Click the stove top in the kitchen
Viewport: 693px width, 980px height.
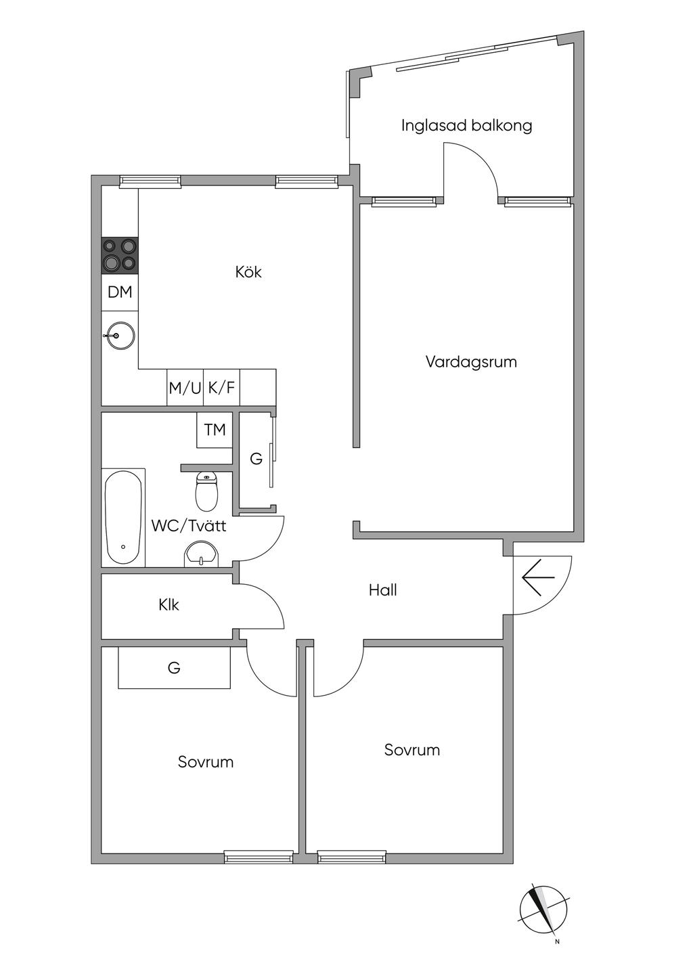click(120, 256)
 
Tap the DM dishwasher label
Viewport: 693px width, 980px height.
click(120, 292)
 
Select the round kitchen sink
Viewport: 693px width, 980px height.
click(120, 336)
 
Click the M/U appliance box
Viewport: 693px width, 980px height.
click(185, 388)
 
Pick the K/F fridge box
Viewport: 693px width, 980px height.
click(222, 388)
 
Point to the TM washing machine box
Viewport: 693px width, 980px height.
click(215, 430)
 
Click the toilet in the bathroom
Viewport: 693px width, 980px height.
click(206, 491)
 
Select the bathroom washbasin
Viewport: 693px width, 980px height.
click(202, 555)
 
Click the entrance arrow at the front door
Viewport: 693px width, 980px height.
click(538, 577)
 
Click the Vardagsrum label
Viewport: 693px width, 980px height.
click(471, 362)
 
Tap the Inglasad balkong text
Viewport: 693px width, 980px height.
click(467, 126)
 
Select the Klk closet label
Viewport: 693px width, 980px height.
click(169, 605)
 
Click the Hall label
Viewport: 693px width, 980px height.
click(383, 590)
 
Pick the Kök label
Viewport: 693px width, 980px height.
click(248, 272)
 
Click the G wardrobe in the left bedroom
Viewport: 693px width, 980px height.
click(174, 668)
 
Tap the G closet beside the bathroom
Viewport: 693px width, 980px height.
click(256, 459)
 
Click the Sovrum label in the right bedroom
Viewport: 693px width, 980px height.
click(412, 750)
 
